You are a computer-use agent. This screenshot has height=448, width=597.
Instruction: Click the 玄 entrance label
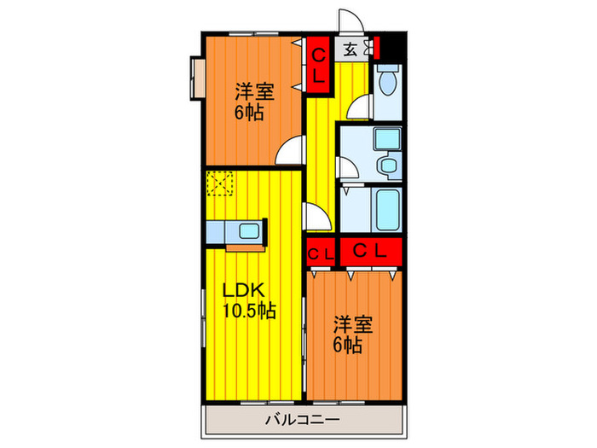click(x=351, y=49)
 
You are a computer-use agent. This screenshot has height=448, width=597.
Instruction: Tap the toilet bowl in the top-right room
click(x=387, y=84)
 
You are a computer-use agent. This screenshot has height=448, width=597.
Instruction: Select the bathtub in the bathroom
click(x=388, y=208)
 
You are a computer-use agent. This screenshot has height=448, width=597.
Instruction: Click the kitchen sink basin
click(x=251, y=230)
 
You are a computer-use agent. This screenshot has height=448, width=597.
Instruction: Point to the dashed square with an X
click(x=218, y=183)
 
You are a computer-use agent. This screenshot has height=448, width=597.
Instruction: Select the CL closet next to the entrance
click(x=317, y=64)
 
